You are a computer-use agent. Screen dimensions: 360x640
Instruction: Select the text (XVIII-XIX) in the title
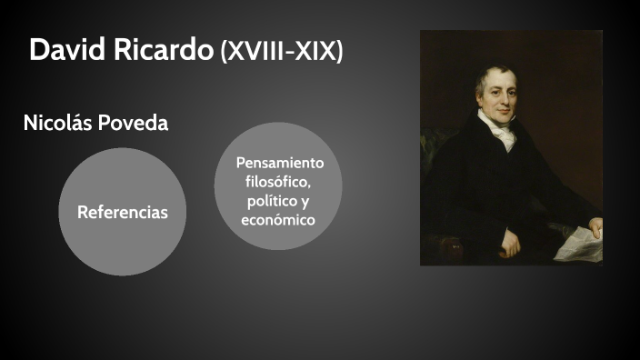point(281,52)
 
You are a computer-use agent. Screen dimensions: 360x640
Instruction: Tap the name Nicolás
point(58,124)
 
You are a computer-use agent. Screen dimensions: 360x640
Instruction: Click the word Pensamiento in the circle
point(279,163)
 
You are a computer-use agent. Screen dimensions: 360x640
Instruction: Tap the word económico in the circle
point(278,220)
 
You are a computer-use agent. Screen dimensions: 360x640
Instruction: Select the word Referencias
point(123,213)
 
